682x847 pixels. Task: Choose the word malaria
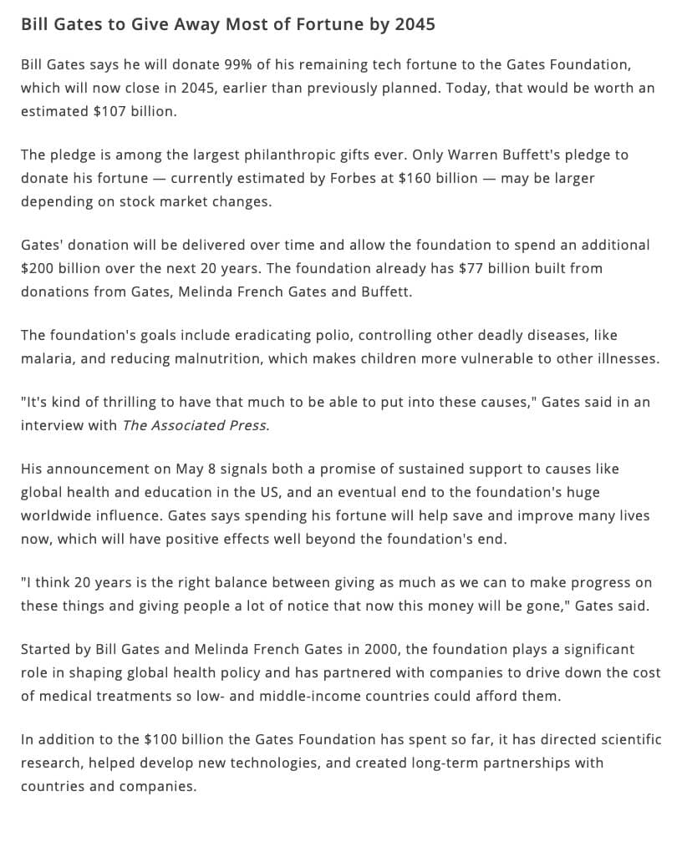tap(46, 358)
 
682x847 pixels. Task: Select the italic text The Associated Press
tap(196, 425)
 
